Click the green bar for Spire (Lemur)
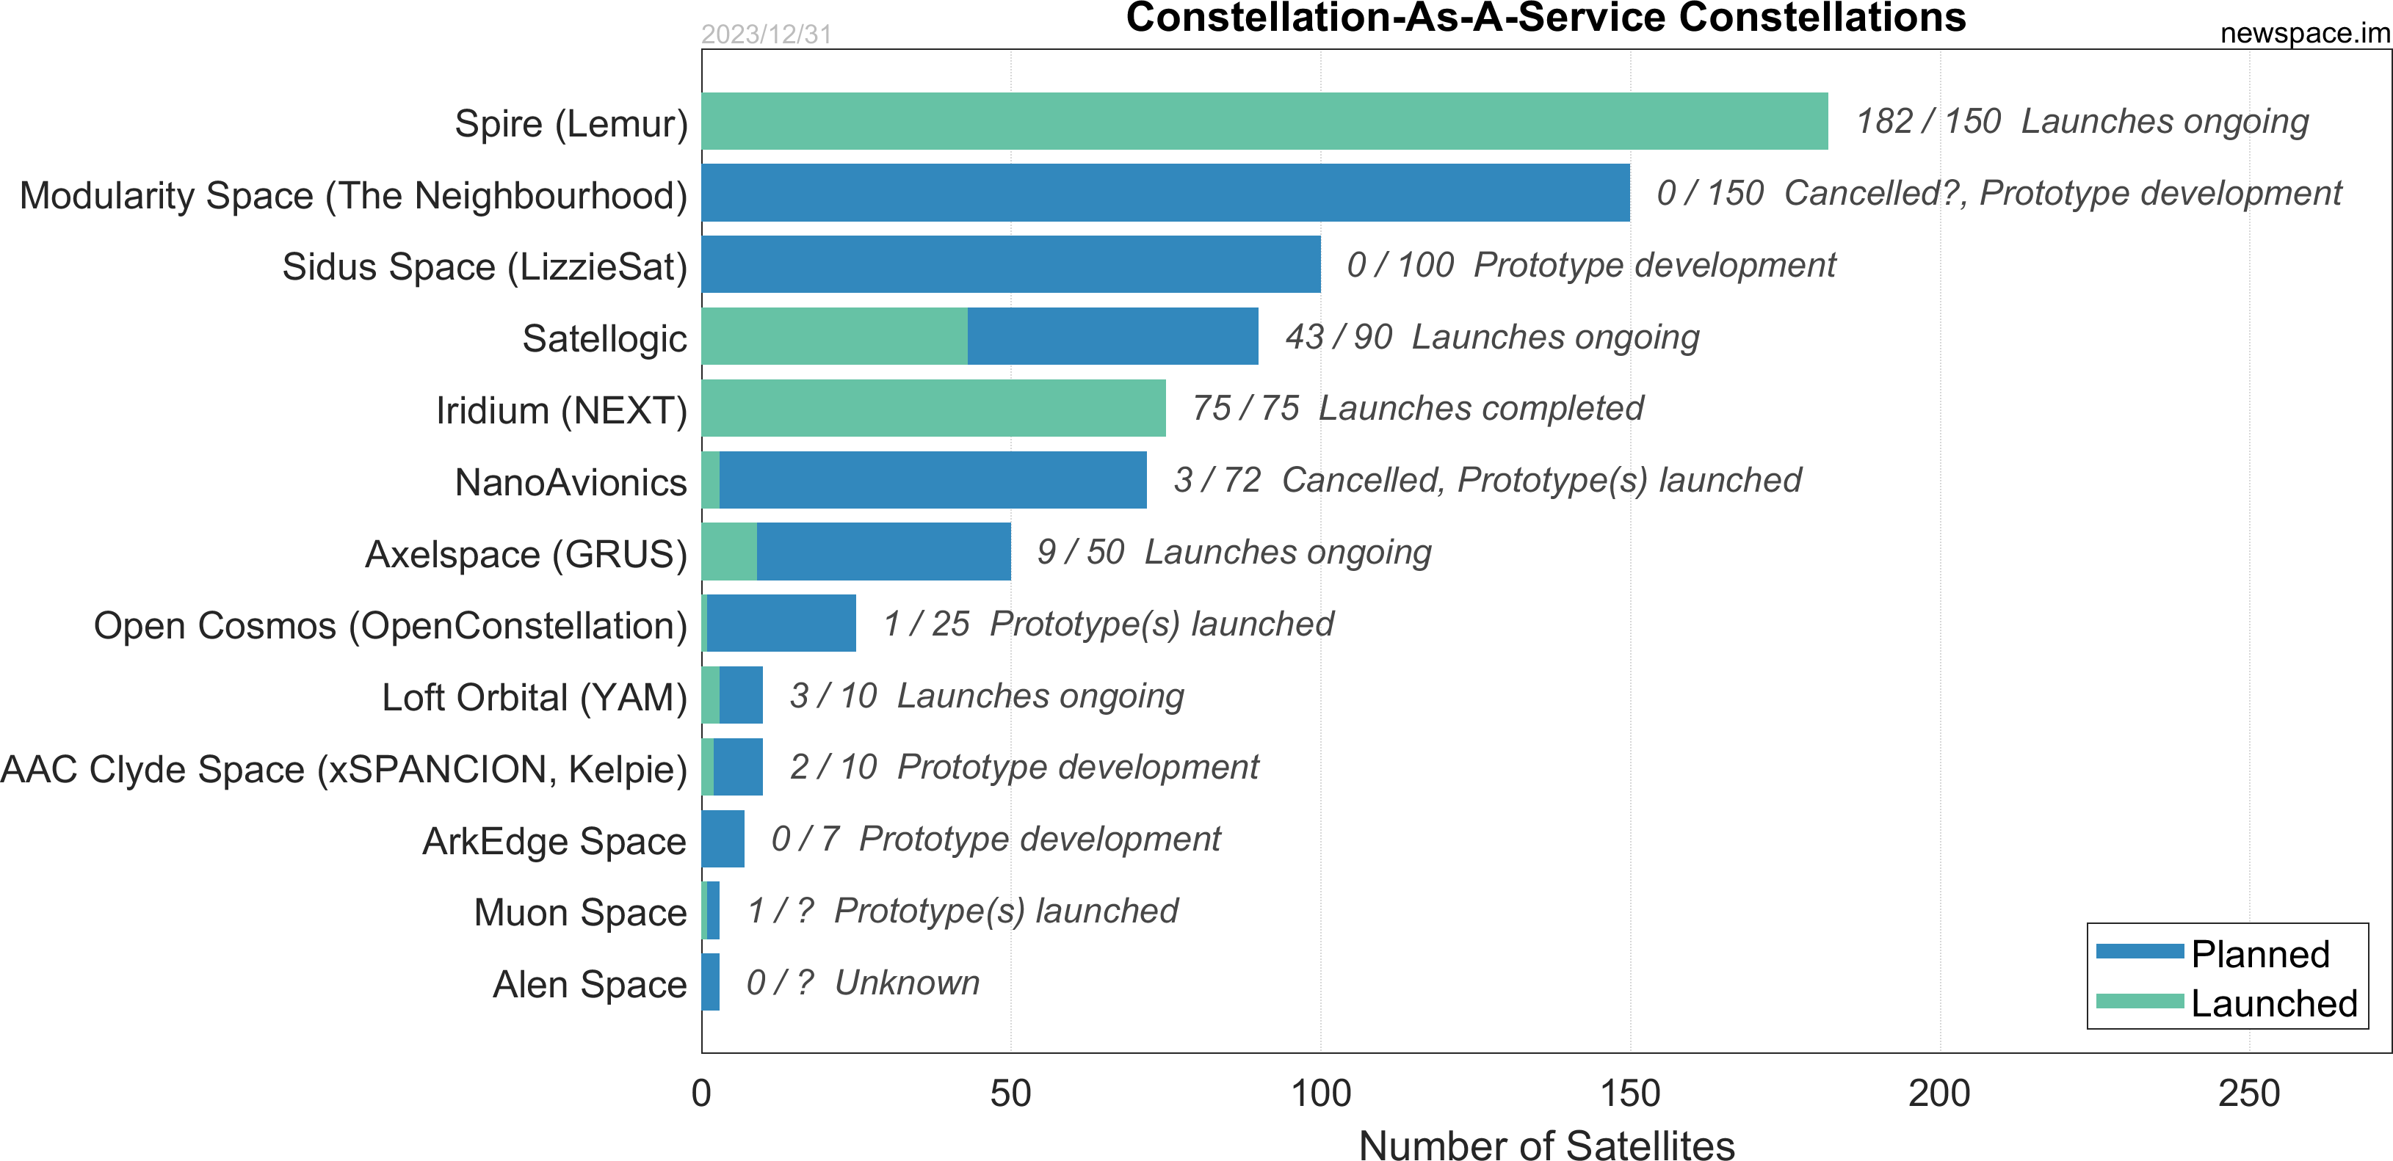pos(1264,121)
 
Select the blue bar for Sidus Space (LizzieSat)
pos(1010,265)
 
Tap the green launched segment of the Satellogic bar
pos(834,336)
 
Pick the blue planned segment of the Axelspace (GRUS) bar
pos(883,552)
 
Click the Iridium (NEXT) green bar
pos(933,408)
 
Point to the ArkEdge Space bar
pos(723,839)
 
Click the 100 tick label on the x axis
pos(1320,1093)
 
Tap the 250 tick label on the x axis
pos(2248,1093)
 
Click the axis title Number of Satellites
pos(1546,1144)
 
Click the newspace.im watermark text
pos(2304,34)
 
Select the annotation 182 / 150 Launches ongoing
pos(2081,122)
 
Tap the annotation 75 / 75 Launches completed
pos(1418,409)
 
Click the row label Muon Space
pos(579,912)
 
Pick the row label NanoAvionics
pos(571,482)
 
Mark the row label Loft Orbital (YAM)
pos(534,697)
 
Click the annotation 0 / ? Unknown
pos(862,983)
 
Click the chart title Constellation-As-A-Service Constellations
pos(1546,18)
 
